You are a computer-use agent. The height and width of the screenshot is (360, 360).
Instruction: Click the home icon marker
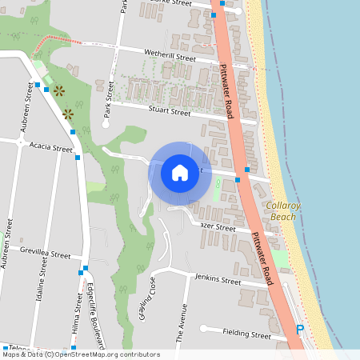(180, 172)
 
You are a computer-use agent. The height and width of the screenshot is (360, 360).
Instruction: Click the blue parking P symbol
(300, 330)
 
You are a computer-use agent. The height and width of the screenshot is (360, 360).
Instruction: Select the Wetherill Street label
(170, 58)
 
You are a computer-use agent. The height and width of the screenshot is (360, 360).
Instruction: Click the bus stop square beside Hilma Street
(81, 274)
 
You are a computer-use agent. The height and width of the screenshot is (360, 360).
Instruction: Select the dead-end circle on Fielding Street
(203, 328)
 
